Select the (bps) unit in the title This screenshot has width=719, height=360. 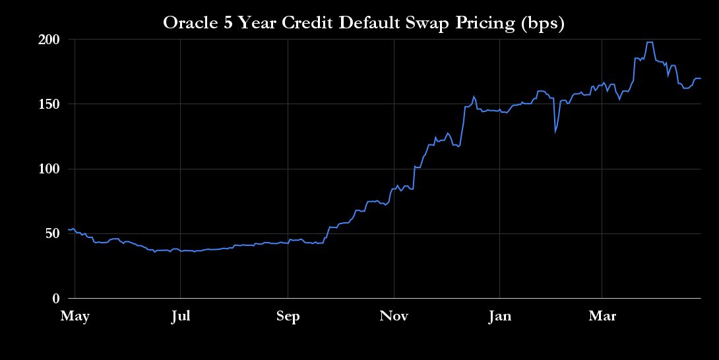tap(542, 23)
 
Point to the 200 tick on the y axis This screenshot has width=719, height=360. tap(49, 40)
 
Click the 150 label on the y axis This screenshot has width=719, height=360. tap(49, 104)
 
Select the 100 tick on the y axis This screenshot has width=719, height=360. tap(49, 169)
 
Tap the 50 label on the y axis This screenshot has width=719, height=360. tap(52, 233)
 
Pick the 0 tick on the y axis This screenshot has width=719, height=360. tap(56, 299)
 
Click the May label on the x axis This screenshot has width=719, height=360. tap(75, 316)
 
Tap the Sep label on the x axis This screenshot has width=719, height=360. tap(288, 316)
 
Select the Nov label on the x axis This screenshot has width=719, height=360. tap(394, 316)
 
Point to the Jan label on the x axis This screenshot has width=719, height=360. tap(499, 316)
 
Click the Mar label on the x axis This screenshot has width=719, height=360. tap(602, 316)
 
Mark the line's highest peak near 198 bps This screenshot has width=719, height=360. tap(650, 42)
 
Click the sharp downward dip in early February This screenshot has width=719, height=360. tap(555, 131)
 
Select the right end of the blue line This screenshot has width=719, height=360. tap(700, 78)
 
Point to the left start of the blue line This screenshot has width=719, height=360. tap(68, 229)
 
